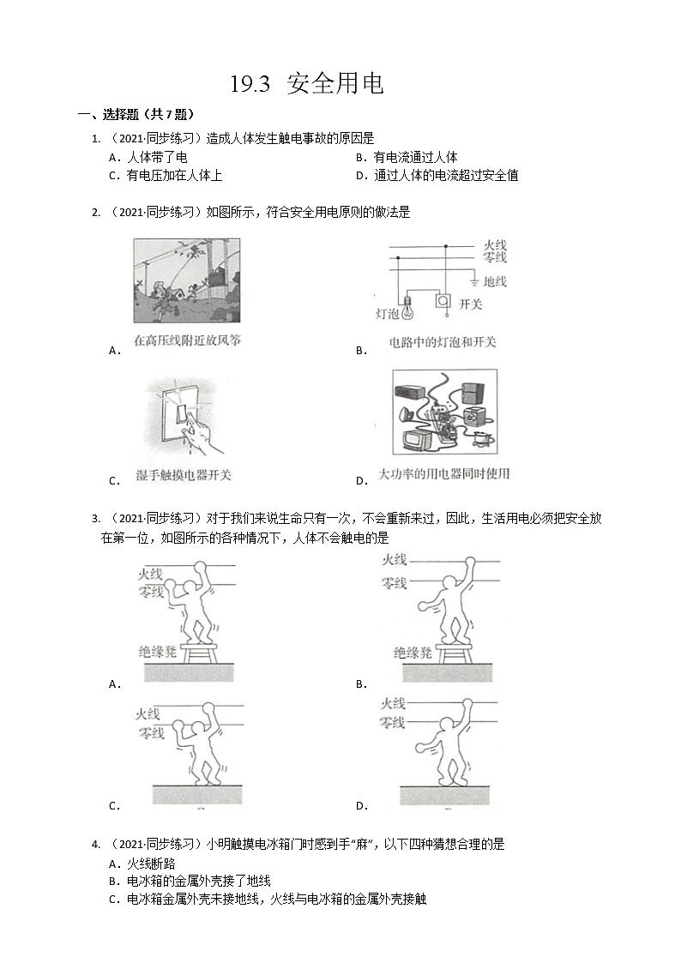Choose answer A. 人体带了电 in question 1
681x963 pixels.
(x=148, y=157)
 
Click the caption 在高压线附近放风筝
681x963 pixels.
(x=188, y=340)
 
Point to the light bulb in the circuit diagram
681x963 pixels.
(x=408, y=307)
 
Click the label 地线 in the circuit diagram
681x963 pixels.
(x=495, y=281)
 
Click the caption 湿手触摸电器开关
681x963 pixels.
(x=184, y=474)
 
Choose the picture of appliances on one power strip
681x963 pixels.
(x=444, y=412)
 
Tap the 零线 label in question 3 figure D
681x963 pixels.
(x=393, y=723)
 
